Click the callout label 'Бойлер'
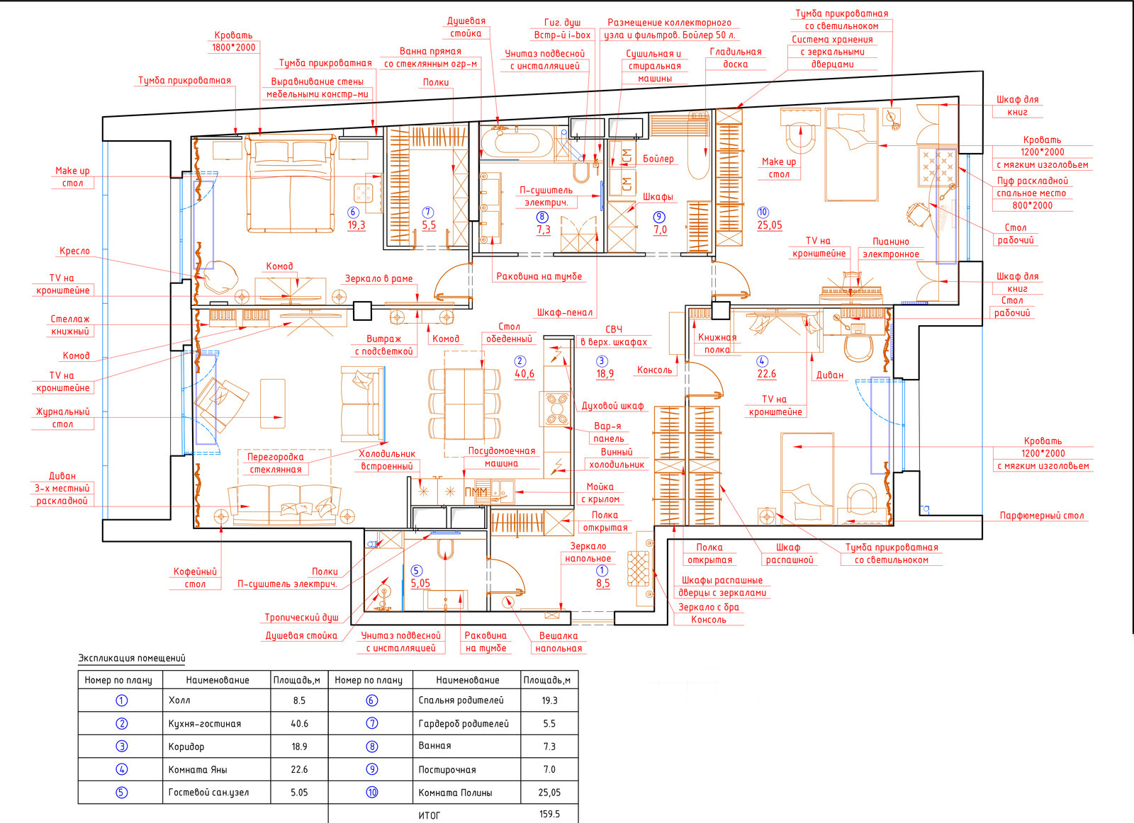pyautogui.click(x=658, y=159)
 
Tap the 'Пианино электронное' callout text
pyautogui.click(x=890, y=248)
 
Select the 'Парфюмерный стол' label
pyautogui.click(x=1042, y=516)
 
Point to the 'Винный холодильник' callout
pyautogui.click(x=617, y=458)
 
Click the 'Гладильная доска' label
pyautogui.click(x=736, y=57)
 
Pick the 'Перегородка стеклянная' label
pyautogui.click(x=276, y=462)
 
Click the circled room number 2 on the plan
pyautogui.click(x=520, y=361)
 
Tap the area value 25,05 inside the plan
pyautogui.click(x=770, y=225)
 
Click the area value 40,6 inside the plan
pyautogui.click(x=524, y=374)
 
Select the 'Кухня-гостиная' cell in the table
pyautogui.click(x=205, y=723)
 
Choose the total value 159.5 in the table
pyautogui.click(x=549, y=814)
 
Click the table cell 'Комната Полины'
pyautogui.click(x=455, y=793)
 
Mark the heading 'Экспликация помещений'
pyautogui.click(x=132, y=658)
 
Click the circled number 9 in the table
pyautogui.click(x=372, y=769)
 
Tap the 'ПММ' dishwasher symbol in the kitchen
pyautogui.click(x=476, y=491)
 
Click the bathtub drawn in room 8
pyautogui.click(x=517, y=142)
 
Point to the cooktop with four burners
pyautogui.click(x=556, y=409)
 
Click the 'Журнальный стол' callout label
pyautogui.click(x=63, y=418)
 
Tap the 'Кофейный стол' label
pyautogui.click(x=195, y=578)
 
